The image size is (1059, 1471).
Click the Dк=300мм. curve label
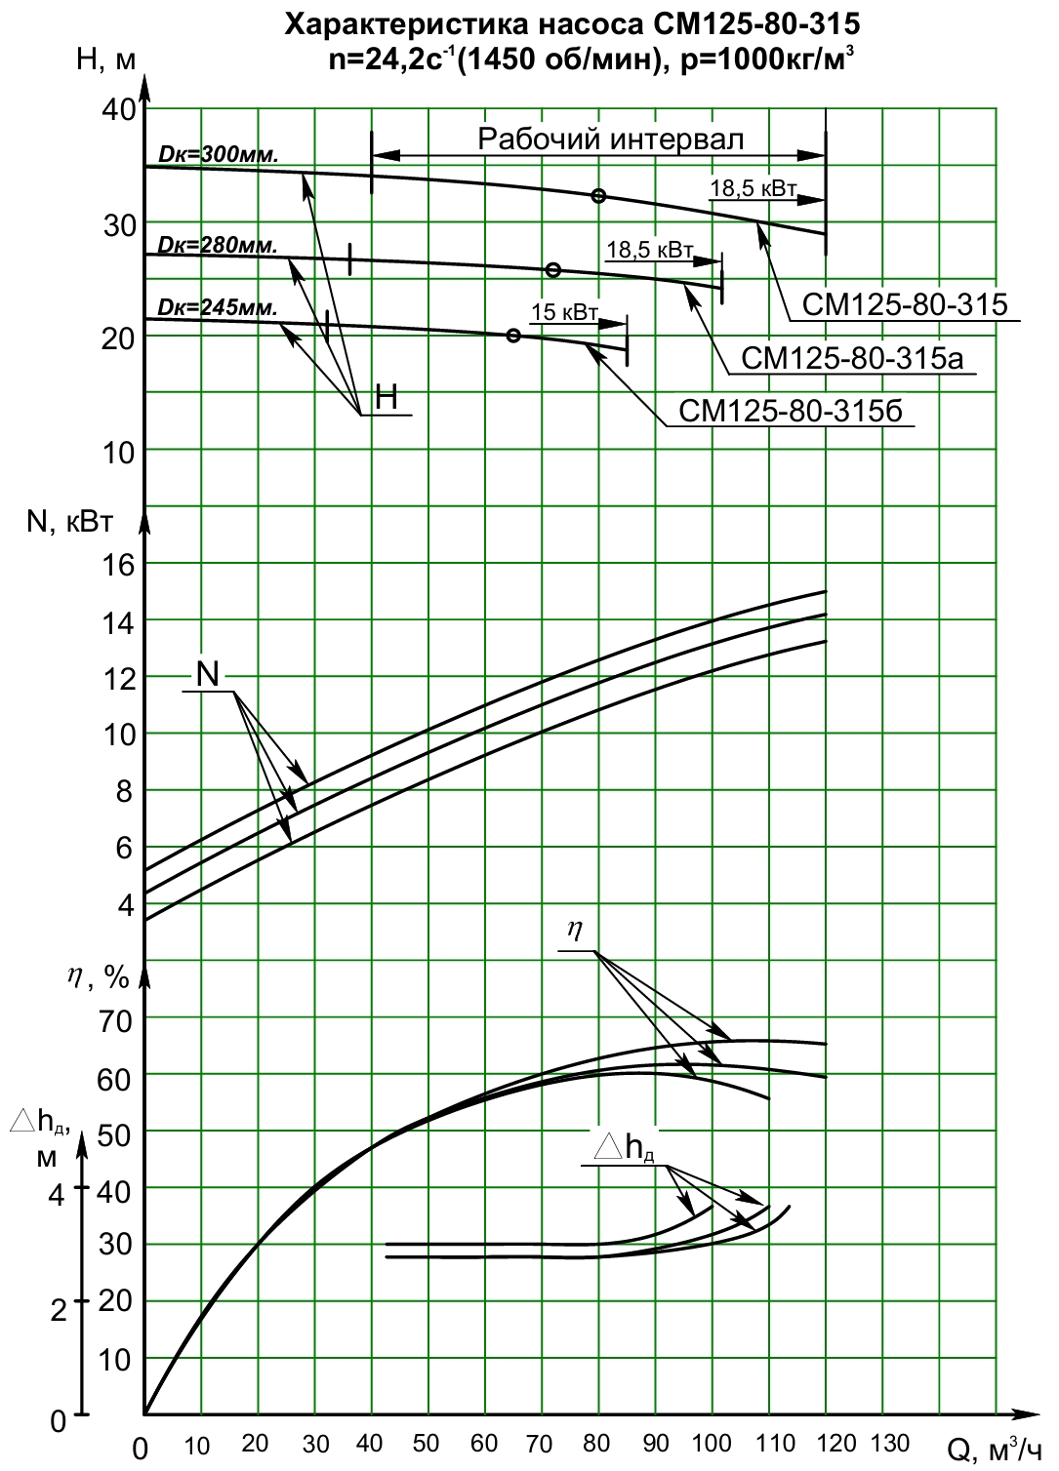(x=219, y=156)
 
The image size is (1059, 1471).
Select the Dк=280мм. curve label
(x=218, y=245)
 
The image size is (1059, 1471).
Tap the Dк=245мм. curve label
(x=218, y=307)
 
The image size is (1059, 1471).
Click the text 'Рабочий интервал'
(x=610, y=139)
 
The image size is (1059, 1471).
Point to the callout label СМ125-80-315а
(x=852, y=359)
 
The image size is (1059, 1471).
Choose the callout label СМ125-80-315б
(x=791, y=411)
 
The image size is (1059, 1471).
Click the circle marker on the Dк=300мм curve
(x=597, y=196)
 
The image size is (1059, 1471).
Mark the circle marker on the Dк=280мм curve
(x=553, y=270)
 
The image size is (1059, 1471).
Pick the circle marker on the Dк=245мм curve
(x=513, y=336)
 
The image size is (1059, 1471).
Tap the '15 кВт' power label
(x=564, y=312)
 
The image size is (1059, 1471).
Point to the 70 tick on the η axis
(x=114, y=1022)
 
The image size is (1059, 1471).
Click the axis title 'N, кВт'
(x=69, y=523)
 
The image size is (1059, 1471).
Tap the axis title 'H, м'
(x=105, y=60)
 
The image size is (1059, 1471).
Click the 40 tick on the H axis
(x=118, y=110)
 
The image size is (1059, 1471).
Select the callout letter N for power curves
(x=208, y=674)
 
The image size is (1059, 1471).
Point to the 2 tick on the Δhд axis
(x=58, y=1310)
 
